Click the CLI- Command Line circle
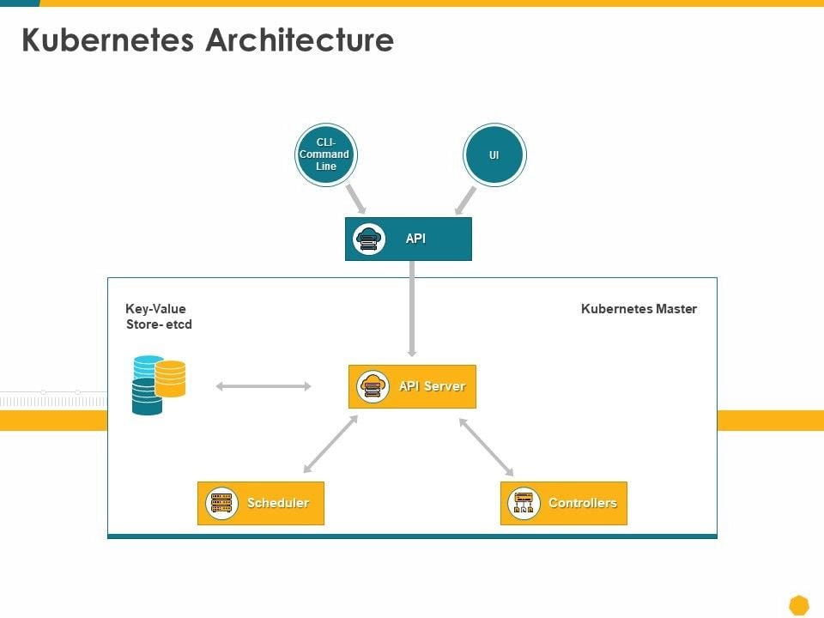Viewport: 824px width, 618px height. point(325,154)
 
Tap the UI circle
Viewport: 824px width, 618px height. point(494,155)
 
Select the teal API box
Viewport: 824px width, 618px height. point(409,239)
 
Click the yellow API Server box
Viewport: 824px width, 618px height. point(412,386)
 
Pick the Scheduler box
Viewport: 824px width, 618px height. point(261,503)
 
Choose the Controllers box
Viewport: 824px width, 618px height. point(564,503)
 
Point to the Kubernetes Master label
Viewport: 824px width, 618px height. point(639,309)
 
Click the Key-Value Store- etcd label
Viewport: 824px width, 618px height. point(158,317)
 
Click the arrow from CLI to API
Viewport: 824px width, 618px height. point(356,198)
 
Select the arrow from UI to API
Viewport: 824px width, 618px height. point(465,200)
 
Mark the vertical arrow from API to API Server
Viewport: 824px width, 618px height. point(412,309)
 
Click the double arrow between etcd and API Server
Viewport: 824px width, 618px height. point(264,386)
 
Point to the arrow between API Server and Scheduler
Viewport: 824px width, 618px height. point(330,445)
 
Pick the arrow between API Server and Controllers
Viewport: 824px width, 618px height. point(486,446)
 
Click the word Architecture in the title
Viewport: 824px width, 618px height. point(300,40)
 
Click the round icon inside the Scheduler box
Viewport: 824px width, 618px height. point(221,503)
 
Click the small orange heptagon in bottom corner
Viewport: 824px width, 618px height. point(799,605)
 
